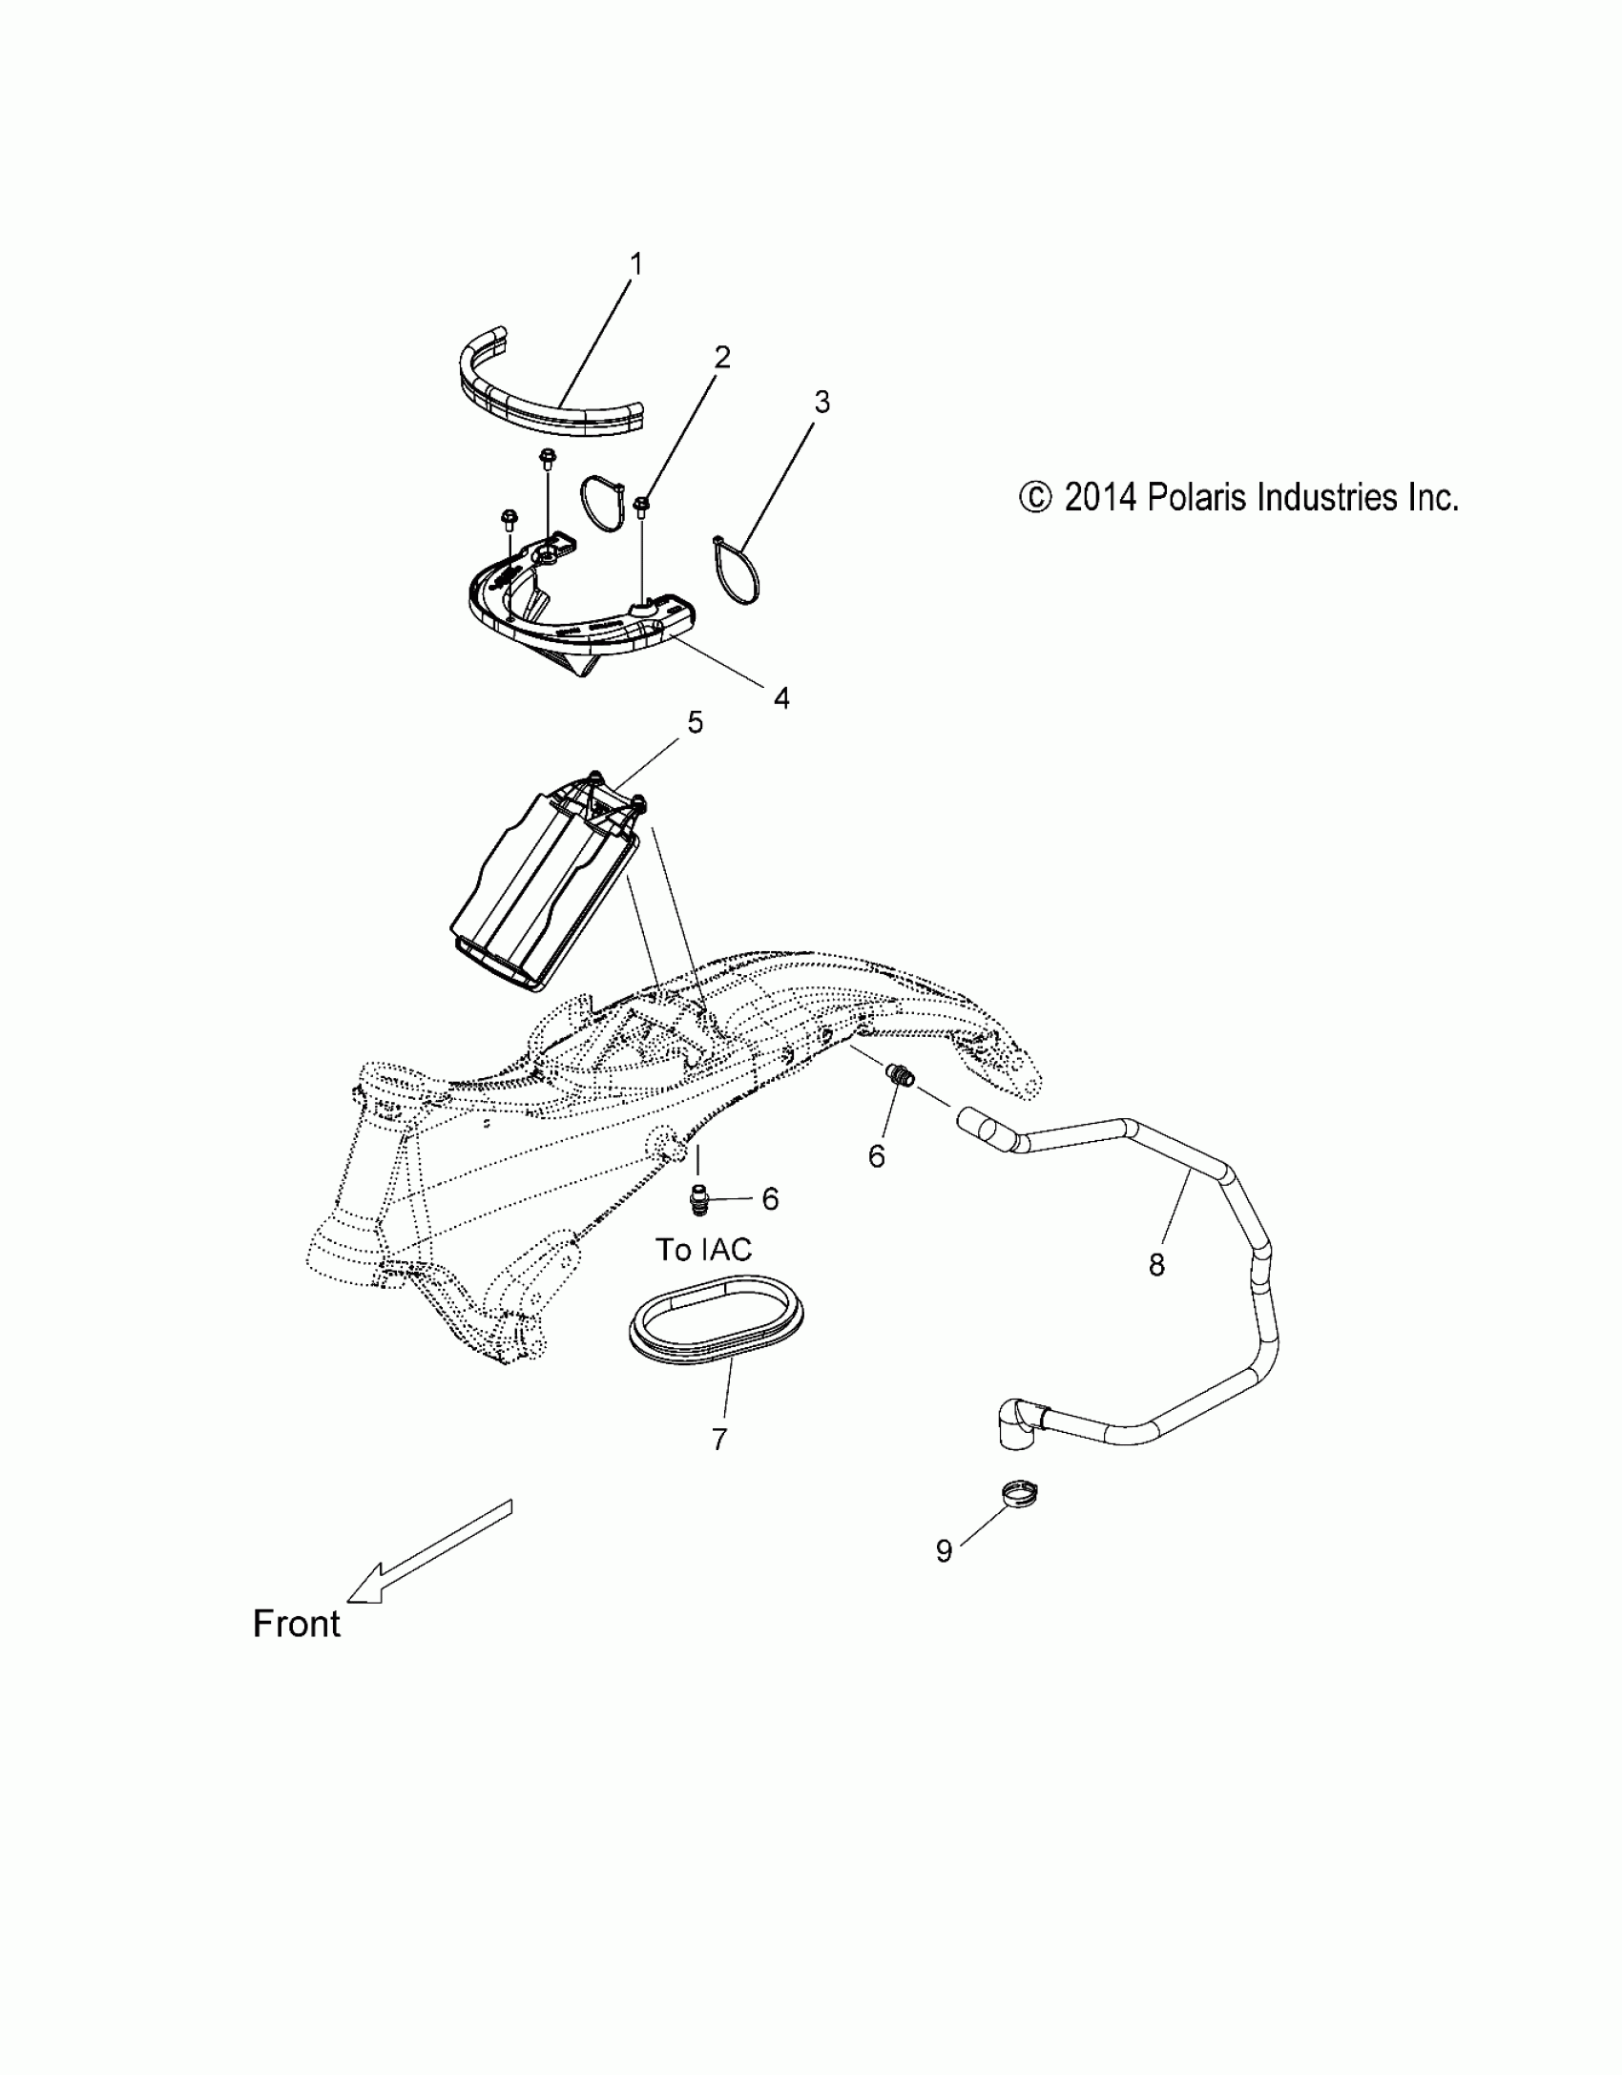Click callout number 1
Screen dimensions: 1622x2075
click(x=636, y=264)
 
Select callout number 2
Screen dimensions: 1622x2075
click(x=722, y=358)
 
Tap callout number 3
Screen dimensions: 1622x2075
click(x=821, y=403)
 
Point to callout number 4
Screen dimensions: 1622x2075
click(x=781, y=698)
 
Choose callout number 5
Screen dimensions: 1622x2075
click(x=696, y=723)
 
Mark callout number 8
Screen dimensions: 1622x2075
click(x=1156, y=1265)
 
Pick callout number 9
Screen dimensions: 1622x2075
click(x=944, y=1551)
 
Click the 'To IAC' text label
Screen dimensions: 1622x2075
click(x=703, y=1249)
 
